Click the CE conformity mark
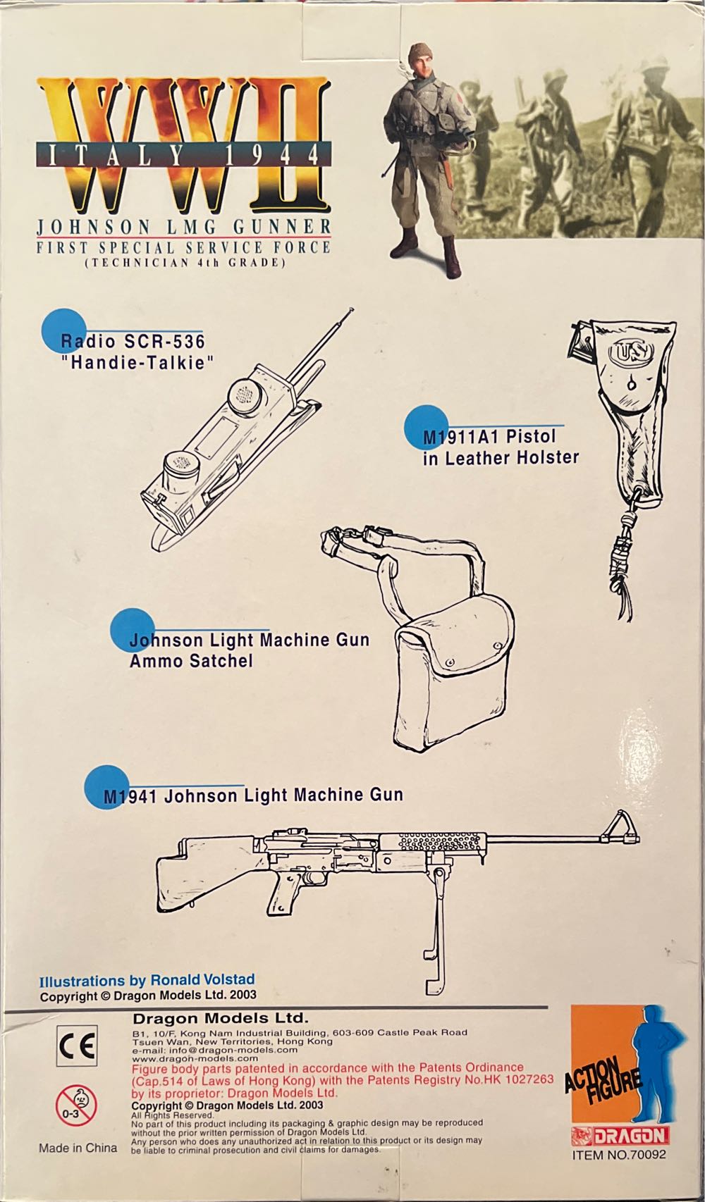tap(77, 1046)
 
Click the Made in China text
tap(78, 1148)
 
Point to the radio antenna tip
tap(351, 309)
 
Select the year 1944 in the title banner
tap(288, 154)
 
